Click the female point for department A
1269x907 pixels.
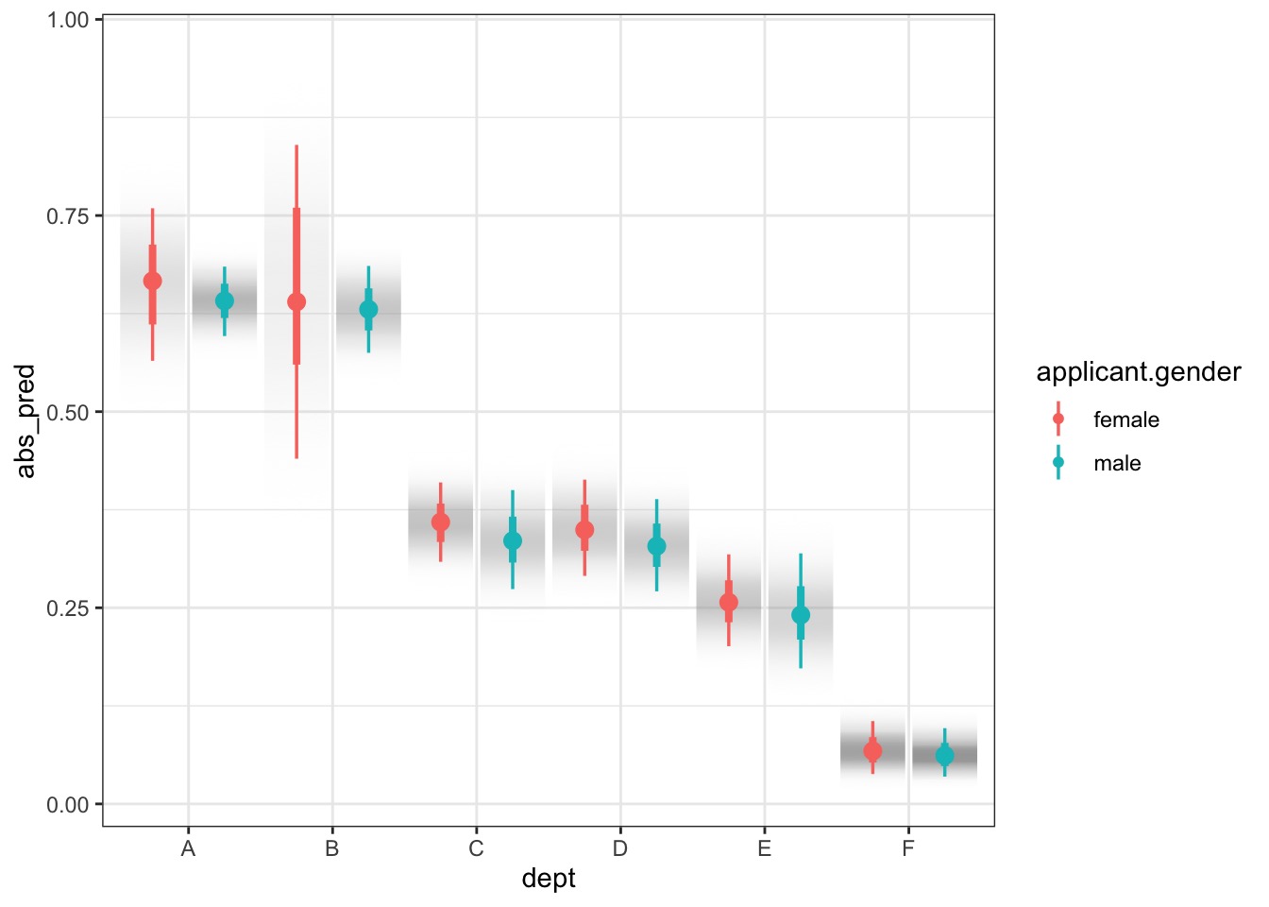[152, 281]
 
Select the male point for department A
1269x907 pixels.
[225, 301]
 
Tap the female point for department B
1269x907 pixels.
[296, 302]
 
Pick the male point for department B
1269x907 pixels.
[368, 309]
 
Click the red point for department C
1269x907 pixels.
[441, 522]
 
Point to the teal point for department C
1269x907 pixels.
[513, 540]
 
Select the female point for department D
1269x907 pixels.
[584, 530]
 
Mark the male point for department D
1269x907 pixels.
[656, 546]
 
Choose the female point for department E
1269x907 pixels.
[729, 602]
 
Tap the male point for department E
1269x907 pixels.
[801, 615]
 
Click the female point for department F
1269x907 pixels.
[872, 751]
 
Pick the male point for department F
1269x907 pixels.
[944, 756]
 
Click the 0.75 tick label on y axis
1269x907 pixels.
[68, 216]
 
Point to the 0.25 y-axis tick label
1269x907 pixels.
[68, 608]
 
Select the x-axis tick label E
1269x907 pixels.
[764, 848]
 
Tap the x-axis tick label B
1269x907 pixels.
[332, 848]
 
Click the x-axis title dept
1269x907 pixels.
[549, 879]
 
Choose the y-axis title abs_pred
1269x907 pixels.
[25, 421]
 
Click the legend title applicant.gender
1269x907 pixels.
[1139, 372]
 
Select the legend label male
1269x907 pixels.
[1117, 463]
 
